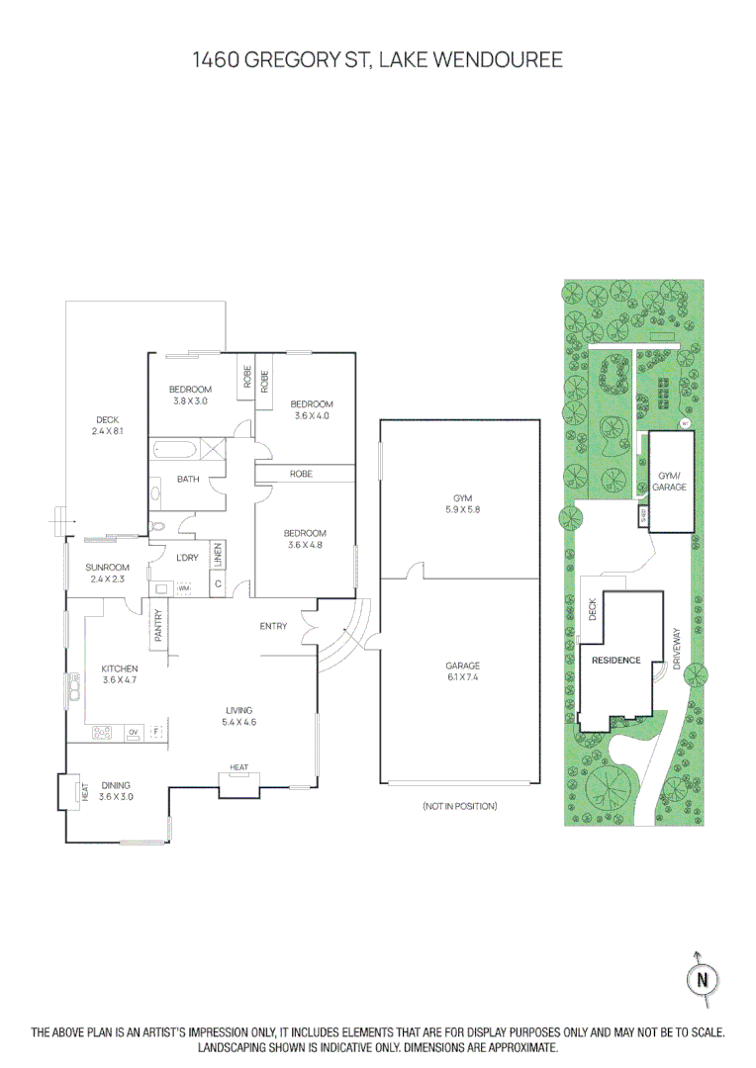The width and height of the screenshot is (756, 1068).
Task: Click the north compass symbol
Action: [703, 979]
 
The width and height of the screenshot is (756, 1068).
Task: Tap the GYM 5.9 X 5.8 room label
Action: [459, 504]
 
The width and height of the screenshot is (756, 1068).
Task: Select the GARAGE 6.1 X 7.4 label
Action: [462, 671]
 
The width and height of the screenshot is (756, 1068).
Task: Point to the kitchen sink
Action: [74, 685]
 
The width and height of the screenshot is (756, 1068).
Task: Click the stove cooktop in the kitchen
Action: [103, 732]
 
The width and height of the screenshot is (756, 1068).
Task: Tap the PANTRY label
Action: [158, 627]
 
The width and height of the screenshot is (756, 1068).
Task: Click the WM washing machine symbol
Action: [183, 588]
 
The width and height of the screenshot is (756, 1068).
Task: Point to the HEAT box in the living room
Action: [239, 768]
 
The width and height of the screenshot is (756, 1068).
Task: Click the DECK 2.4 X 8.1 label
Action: [107, 425]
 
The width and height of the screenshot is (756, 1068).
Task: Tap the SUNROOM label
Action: [107, 573]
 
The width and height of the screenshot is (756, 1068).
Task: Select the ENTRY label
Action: [273, 626]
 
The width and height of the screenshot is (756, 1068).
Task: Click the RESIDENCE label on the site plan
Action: [615, 660]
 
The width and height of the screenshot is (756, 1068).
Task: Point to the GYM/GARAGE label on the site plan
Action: [670, 482]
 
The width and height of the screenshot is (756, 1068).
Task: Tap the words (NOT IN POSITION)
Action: [459, 806]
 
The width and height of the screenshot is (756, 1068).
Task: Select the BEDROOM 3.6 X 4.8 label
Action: [305, 539]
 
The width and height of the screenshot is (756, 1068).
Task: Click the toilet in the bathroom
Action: [156, 527]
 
